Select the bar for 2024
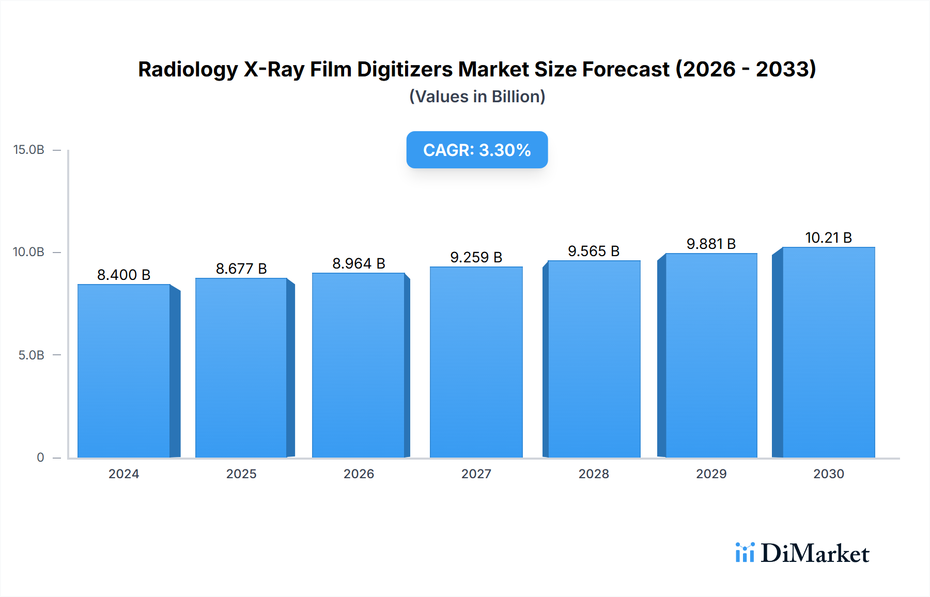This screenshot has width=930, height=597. coord(124,371)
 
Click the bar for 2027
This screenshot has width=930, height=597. coord(476,362)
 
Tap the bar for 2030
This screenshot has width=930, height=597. coord(829,352)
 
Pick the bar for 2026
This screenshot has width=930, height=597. coord(359,365)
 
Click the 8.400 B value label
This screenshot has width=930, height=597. coord(124,275)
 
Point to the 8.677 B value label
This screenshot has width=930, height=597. coord(241,269)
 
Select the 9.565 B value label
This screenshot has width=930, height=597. coord(594,251)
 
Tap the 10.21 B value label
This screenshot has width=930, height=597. coord(828,238)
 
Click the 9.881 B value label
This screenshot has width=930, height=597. coord(711,244)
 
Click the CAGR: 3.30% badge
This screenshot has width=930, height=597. coord(477,150)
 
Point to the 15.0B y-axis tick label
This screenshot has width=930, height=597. coord(29,150)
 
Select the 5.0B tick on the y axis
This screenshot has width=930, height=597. coord(32,355)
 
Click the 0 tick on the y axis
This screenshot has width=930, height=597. coord(40,458)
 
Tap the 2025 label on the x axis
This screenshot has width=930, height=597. coord(241,474)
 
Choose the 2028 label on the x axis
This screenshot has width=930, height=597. coord(594,474)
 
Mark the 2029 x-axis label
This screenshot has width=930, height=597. coord(711,474)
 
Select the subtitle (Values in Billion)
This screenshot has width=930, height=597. coord(477,97)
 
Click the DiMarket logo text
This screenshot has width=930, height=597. coord(815,553)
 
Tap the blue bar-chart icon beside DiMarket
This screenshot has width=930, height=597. coord(745,553)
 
